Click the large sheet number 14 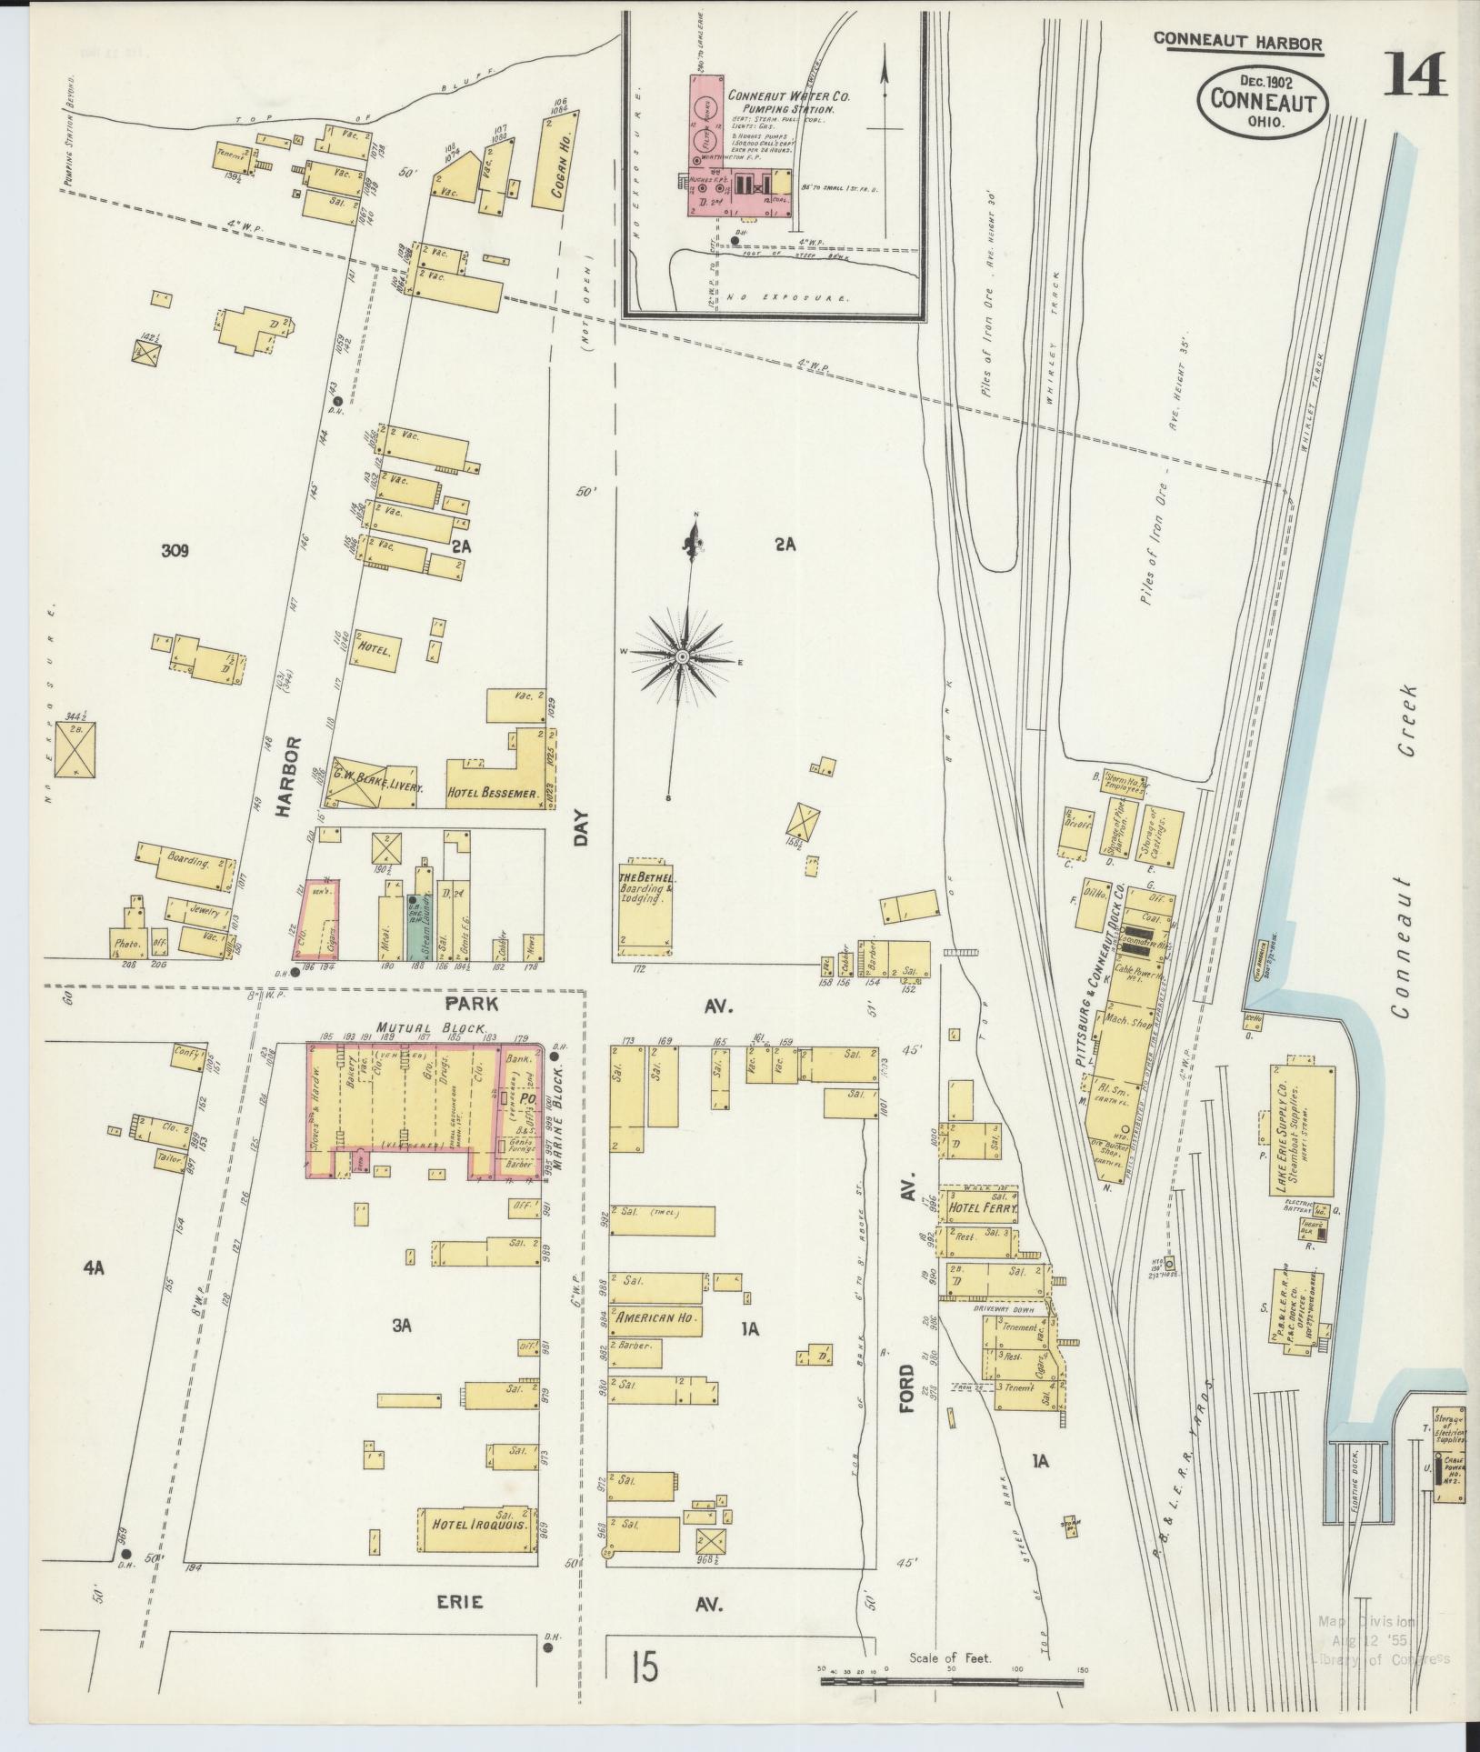(1415, 75)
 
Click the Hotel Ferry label (980, 1207)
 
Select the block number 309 (175, 550)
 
